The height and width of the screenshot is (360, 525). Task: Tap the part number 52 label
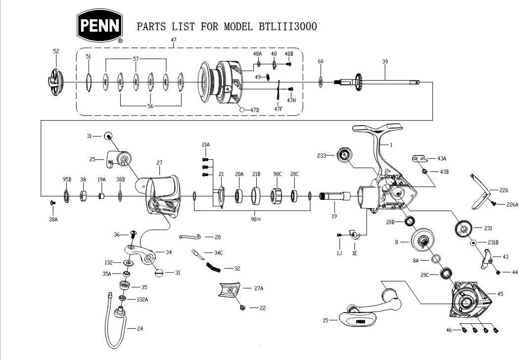tap(56, 51)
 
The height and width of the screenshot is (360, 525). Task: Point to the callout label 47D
tap(254, 110)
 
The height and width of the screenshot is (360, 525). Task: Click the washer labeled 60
tap(321, 81)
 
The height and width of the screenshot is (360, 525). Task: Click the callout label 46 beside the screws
tap(449, 329)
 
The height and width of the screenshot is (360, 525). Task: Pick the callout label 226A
tap(511, 204)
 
